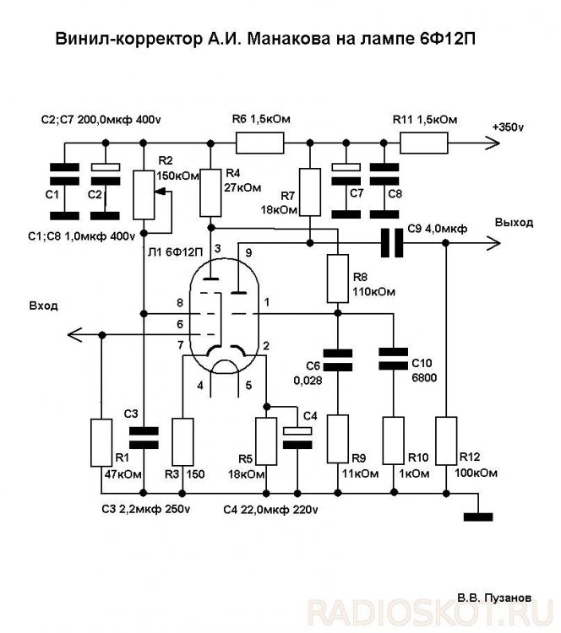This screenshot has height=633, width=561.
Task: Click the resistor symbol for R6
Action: (259, 141)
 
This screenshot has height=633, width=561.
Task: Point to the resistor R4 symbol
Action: (210, 192)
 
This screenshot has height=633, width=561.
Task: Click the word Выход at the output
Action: (514, 224)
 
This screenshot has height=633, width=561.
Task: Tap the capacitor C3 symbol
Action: (144, 436)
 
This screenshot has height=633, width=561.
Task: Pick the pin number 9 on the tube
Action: (248, 252)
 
